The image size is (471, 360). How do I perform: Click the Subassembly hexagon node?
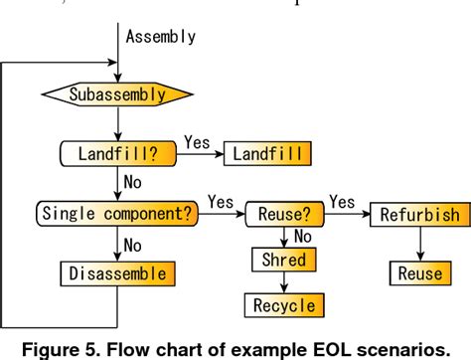(x=116, y=95)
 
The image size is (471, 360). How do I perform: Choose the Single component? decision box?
(x=118, y=212)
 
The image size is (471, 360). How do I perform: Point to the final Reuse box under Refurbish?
(x=418, y=272)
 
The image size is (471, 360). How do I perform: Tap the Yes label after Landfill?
(x=198, y=142)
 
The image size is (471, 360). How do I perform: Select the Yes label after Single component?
(x=222, y=200)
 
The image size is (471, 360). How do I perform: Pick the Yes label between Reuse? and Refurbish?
(x=342, y=200)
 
